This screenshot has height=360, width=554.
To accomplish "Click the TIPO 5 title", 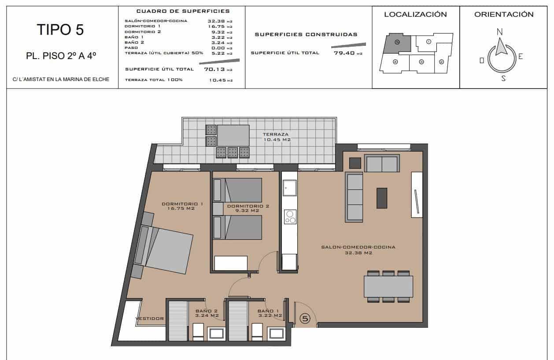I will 60,30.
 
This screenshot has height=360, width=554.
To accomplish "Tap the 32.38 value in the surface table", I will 216,21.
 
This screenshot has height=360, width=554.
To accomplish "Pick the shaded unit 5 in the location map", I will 397,43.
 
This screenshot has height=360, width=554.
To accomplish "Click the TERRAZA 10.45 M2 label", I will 276,137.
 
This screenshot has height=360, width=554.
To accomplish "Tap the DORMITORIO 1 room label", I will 182,206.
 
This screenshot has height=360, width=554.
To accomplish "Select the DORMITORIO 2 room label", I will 248,208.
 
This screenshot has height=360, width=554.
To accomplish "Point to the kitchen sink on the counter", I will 289,189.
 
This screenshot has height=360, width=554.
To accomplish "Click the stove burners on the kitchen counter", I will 290,217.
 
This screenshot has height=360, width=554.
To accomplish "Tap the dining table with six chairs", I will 388,286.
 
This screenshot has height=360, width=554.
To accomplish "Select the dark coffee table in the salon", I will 381,198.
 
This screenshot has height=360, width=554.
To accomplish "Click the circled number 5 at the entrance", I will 305,318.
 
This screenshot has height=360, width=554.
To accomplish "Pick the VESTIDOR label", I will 149,318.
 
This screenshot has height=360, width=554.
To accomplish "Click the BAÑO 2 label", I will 207,313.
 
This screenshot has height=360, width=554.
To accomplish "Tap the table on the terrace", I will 233,135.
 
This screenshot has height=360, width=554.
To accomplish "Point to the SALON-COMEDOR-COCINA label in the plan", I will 358,250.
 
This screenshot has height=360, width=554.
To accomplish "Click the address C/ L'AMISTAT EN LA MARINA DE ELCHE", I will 61,79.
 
